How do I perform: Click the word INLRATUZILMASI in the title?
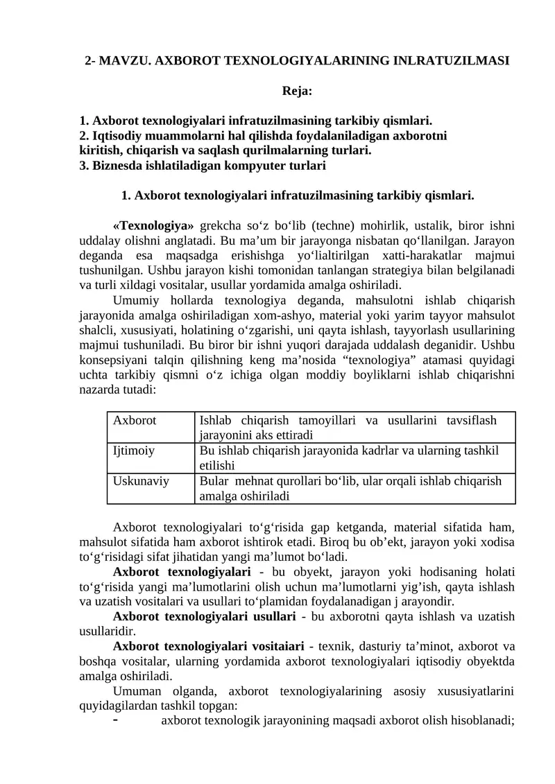[x=454, y=61]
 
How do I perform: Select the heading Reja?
[x=297, y=90]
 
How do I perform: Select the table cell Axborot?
[x=135, y=420]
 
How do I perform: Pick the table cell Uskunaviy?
[x=141, y=480]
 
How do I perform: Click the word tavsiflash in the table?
[x=472, y=420]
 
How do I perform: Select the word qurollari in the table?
[x=302, y=480]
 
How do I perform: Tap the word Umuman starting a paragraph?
[x=137, y=691]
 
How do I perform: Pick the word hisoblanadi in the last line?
[x=476, y=722]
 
